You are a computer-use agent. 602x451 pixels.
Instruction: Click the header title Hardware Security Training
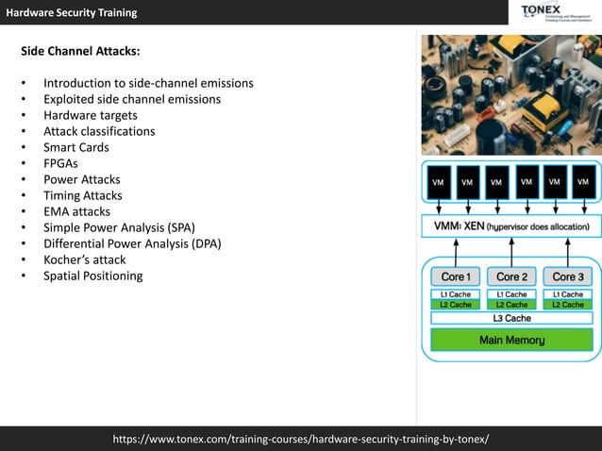(72, 12)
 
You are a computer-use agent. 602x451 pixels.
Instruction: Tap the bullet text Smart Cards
(76, 147)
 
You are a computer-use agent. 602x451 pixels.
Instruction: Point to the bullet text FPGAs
(60, 163)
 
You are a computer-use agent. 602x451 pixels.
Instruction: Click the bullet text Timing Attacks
(83, 195)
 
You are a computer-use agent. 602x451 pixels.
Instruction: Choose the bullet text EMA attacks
(76, 211)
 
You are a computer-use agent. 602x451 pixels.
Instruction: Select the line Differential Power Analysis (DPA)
(132, 243)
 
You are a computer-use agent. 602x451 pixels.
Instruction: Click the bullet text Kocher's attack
(84, 259)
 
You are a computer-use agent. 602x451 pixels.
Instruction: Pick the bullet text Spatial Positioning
(93, 276)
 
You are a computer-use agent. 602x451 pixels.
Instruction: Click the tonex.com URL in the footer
(301, 439)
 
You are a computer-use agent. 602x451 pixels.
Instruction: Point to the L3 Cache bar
(511, 319)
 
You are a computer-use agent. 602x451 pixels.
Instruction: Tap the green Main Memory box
(511, 340)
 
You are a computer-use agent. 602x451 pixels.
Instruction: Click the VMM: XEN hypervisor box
(510, 227)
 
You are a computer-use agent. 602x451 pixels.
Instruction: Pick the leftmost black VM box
(439, 182)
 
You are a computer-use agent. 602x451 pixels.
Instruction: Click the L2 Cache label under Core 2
(511, 305)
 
